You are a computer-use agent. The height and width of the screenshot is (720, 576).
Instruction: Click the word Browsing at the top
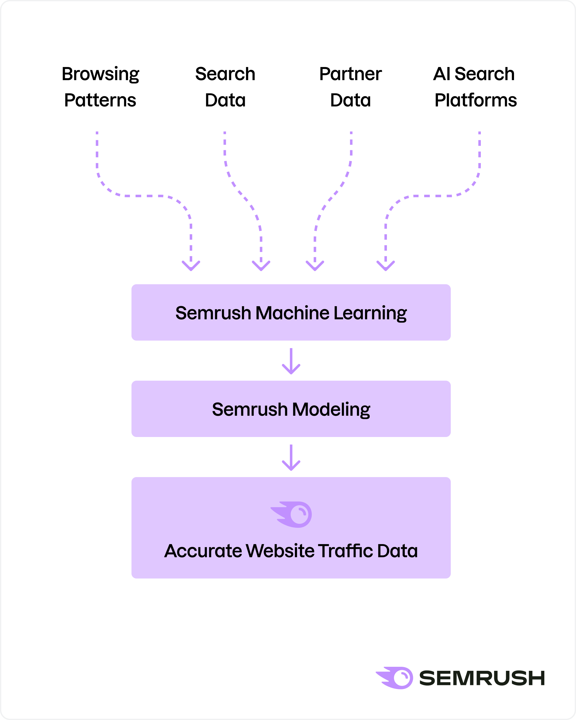coord(100,74)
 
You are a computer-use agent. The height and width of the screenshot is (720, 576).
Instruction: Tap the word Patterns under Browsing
coord(100,100)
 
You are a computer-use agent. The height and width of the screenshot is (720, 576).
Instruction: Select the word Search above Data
coord(225,74)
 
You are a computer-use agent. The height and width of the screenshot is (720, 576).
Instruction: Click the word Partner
coord(350,74)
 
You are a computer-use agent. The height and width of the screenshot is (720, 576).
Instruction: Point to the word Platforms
coord(476,100)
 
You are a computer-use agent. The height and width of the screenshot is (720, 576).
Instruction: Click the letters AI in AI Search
coord(442,74)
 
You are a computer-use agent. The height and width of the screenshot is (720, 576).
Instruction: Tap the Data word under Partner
coord(350,100)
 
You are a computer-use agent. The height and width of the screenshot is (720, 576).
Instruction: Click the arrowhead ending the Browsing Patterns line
coord(191,266)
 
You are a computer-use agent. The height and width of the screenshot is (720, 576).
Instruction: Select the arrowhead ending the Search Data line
coord(261,266)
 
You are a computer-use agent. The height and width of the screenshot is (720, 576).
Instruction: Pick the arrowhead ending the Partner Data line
coord(315,266)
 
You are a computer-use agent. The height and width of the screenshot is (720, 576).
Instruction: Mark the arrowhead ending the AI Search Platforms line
coord(386,266)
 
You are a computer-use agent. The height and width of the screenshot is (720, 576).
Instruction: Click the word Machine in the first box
coord(292,313)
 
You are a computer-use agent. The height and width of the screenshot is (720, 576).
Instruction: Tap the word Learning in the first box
coord(370,313)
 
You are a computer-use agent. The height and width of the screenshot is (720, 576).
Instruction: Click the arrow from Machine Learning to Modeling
coord(291,361)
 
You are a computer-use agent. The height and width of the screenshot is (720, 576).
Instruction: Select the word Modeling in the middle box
coord(331,409)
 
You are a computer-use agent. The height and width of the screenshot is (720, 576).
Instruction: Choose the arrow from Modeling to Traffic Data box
coord(291,458)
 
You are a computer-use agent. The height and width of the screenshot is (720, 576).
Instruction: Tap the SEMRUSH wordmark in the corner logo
coord(481,678)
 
